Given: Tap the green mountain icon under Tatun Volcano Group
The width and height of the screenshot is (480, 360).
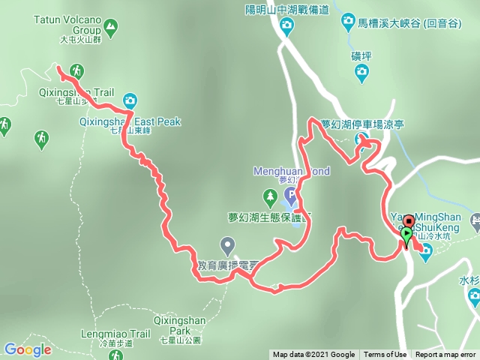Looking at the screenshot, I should point(111,29).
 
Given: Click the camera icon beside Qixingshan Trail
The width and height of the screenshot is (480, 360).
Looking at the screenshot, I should point(130,100).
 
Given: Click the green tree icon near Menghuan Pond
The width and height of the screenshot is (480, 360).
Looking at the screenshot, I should point(269,199).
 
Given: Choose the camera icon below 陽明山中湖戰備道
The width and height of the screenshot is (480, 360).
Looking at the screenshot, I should point(286,28).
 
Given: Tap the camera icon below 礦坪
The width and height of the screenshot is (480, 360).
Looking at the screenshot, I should point(361,72).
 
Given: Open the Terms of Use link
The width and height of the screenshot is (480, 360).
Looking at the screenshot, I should point(385,355).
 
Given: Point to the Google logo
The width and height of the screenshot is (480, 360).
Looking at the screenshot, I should point(27,349).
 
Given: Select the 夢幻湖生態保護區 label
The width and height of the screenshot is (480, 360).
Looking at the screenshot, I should point(270,218).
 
